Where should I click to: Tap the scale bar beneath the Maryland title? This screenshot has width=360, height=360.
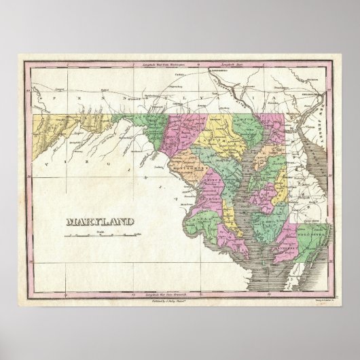click(98, 236)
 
